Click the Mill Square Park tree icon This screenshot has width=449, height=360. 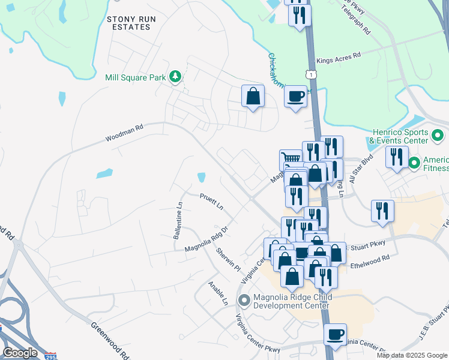[175, 77]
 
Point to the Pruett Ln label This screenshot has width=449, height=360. [211, 200]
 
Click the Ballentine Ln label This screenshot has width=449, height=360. [178, 220]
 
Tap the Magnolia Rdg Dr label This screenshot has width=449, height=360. [208, 238]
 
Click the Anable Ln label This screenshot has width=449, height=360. [218, 293]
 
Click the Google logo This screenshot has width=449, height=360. [20, 353]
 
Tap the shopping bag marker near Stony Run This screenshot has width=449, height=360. [253, 95]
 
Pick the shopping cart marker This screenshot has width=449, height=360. [291, 160]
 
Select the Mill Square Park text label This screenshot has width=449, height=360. [136, 77]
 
